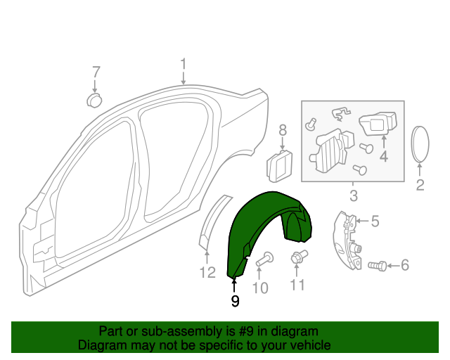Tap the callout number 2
(x=420, y=186)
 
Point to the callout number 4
(x=384, y=157)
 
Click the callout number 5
(x=375, y=221)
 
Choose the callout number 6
(x=404, y=265)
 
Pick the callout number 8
(x=283, y=130)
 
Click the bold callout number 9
(x=235, y=301)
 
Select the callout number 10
(x=260, y=287)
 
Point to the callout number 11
(x=297, y=285)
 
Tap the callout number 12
(x=207, y=272)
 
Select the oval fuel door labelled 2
(x=420, y=145)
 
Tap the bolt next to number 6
(x=377, y=265)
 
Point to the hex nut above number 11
(x=297, y=258)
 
